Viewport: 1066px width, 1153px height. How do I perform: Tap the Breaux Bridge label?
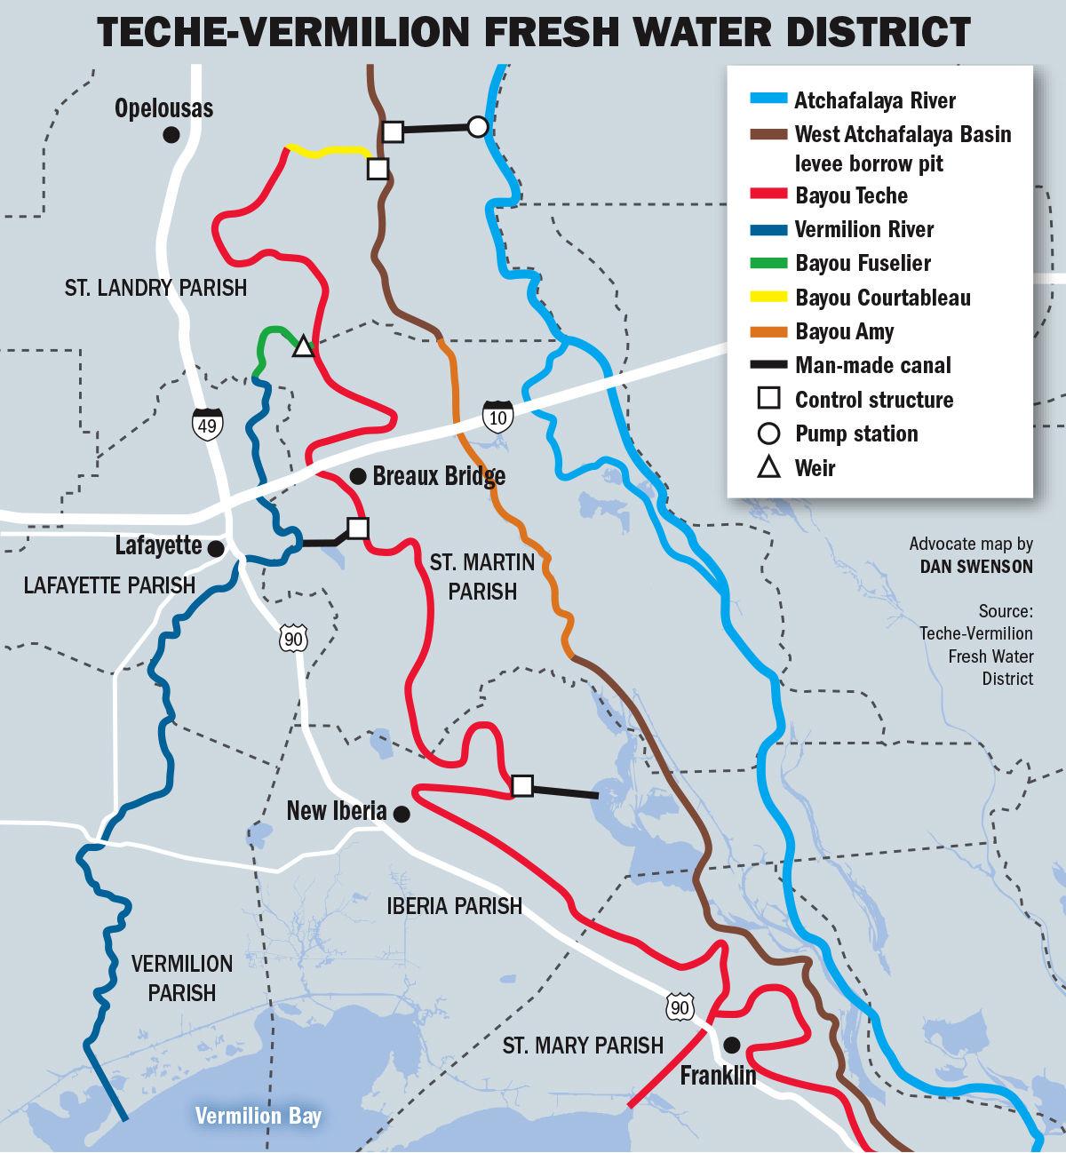(439, 475)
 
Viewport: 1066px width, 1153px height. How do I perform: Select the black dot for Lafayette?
(215, 549)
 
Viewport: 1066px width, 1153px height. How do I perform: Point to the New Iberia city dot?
(402, 813)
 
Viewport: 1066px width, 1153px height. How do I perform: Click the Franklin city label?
(718, 1076)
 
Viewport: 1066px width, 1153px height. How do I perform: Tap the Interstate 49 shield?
(207, 425)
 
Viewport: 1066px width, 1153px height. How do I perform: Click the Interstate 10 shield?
(497, 416)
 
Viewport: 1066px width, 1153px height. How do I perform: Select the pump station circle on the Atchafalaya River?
(478, 127)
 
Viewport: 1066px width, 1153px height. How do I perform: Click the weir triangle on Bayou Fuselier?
(303, 346)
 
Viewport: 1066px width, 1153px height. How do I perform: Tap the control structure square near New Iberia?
(522, 785)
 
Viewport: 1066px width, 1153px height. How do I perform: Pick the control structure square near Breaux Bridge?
(357, 528)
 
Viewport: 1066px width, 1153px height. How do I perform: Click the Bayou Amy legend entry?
(844, 331)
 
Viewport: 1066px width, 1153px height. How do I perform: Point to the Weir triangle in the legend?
(768, 467)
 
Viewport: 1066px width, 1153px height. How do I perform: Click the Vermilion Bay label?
(258, 1117)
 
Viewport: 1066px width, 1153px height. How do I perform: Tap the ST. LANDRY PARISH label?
(155, 288)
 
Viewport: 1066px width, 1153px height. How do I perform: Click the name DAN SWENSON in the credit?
(976, 566)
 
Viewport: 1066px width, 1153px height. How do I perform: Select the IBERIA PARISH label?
(454, 906)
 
